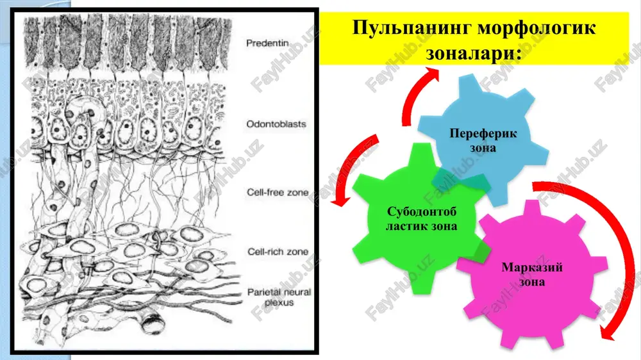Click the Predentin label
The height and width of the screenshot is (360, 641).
pos(267,43)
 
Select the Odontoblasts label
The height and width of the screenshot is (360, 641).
pos(276,124)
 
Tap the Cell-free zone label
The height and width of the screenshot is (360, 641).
pos(278,192)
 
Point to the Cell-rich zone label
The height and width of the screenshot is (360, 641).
pos(278,252)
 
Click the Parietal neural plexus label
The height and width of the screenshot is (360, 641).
pos(279,297)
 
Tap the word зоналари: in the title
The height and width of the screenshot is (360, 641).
pos(474,54)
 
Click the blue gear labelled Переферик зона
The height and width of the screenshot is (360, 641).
pos(483,139)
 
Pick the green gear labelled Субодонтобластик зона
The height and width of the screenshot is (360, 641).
pos(421,218)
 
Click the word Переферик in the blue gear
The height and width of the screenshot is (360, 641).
pos(483,133)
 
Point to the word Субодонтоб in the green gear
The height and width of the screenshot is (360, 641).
pos(422,211)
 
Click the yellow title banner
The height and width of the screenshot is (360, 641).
pos(474,38)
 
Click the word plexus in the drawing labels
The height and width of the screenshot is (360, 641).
pos(279,303)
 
